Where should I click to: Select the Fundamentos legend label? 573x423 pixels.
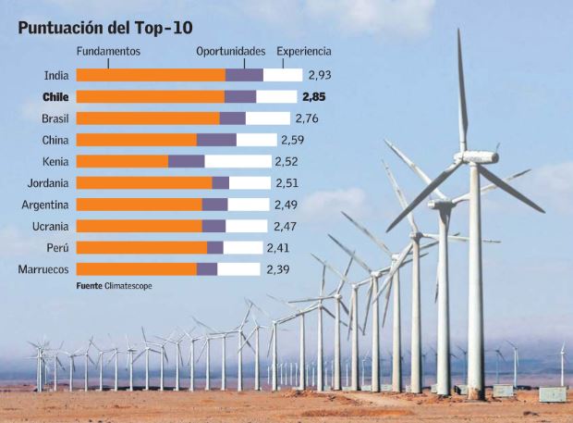(x=108, y=52)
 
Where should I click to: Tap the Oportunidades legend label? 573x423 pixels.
(x=230, y=52)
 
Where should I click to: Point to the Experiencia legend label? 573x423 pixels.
(x=304, y=52)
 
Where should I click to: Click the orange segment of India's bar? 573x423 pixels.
(x=150, y=75)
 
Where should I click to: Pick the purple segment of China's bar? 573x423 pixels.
(x=216, y=140)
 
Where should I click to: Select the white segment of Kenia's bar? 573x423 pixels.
(x=238, y=161)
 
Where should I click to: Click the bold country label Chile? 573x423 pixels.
(x=57, y=96)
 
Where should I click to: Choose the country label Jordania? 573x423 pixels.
(x=47, y=182)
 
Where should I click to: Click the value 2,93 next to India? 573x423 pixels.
(x=319, y=75)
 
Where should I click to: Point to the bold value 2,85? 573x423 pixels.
(x=313, y=96)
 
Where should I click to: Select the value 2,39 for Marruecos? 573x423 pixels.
(x=277, y=269)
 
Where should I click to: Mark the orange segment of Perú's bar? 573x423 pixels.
(x=140, y=248)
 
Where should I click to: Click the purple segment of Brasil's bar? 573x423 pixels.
(x=232, y=118)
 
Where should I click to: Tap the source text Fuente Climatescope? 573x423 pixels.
(x=115, y=286)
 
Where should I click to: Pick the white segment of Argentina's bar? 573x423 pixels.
(x=248, y=205)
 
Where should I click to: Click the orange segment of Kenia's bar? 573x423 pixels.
(x=121, y=161)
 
